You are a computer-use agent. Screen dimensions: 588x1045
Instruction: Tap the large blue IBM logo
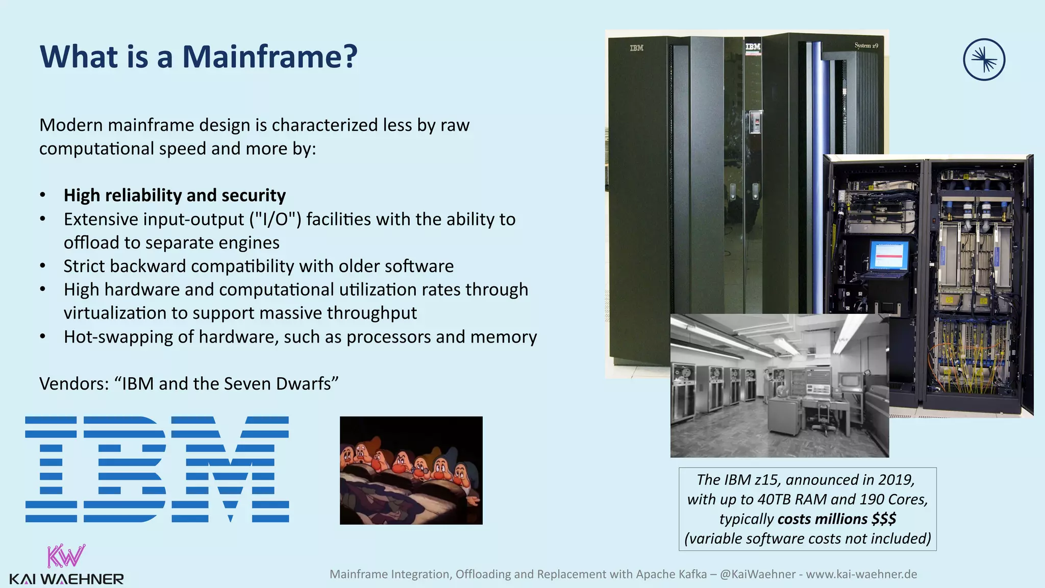tap(157, 470)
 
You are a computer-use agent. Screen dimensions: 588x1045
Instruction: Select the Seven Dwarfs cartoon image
tap(411, 470)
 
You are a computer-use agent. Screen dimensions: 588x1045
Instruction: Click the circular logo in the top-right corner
tap(984, 60)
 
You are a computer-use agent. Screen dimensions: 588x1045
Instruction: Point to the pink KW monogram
tap(66, 556)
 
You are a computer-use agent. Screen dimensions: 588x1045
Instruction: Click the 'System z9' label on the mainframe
tap(866, 46)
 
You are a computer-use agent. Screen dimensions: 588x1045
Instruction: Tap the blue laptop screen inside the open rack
tap(889, 255)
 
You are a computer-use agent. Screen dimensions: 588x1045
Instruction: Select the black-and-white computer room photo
tap(779, 386)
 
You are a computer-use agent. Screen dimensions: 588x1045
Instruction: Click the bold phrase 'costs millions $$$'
tap(837, 519)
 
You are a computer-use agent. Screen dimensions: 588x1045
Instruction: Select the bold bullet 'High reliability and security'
tap(175, 195)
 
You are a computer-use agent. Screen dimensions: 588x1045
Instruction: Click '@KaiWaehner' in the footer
tap(757, 574)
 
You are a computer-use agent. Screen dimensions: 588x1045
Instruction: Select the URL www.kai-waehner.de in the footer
tap(861, 574)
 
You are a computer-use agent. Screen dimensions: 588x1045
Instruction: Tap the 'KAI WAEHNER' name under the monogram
tap(66, 579)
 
